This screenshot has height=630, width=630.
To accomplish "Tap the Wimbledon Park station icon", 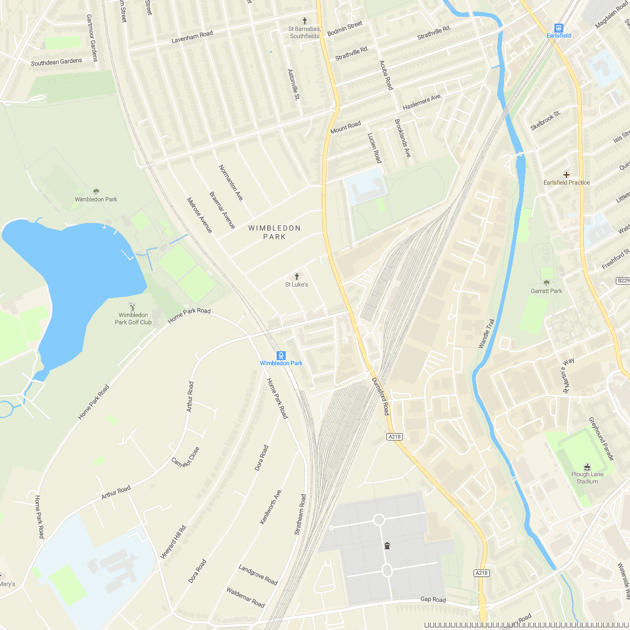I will [281, 355].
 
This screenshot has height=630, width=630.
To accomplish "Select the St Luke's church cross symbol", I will [297, 276].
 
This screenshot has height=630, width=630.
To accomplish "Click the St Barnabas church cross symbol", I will [304, 20].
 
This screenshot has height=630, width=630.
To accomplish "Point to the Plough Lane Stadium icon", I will [587, 466].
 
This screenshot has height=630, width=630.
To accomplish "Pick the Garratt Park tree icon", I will [547, 283].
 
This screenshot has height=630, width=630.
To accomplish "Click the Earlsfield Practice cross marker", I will [566, 174].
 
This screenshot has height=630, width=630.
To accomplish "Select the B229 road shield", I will [623, 281].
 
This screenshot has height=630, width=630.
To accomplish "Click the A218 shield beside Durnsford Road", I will [394, 437].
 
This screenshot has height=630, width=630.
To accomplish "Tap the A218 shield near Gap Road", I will [481, 573].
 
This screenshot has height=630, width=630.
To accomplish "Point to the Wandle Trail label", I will [487, 333].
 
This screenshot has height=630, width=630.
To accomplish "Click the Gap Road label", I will [433, 600].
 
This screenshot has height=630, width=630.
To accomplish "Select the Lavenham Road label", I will [192, 37].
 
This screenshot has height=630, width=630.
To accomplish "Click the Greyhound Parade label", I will [601, 439].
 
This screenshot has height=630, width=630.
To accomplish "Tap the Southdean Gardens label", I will [57, 62].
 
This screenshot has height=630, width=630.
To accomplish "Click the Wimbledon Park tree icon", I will [96, 192].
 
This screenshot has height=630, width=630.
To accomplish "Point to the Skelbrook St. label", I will [545, 120].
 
